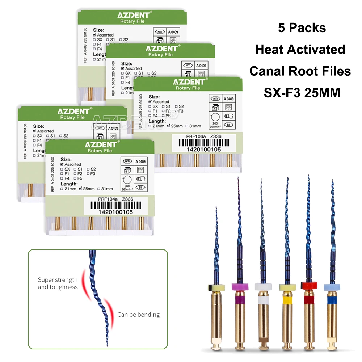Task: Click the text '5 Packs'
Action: (x=302, y=28)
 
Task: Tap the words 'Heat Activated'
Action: (x=300, y=50)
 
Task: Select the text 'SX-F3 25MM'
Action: (x=302, y=93)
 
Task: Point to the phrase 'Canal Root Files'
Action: (x=300, y=71)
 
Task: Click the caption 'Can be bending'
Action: (x=138, y=315)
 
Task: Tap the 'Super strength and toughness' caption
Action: (x=58, y=283)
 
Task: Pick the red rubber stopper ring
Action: (x=308, y=286)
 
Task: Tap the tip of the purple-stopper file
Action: (x=238, y=178)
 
